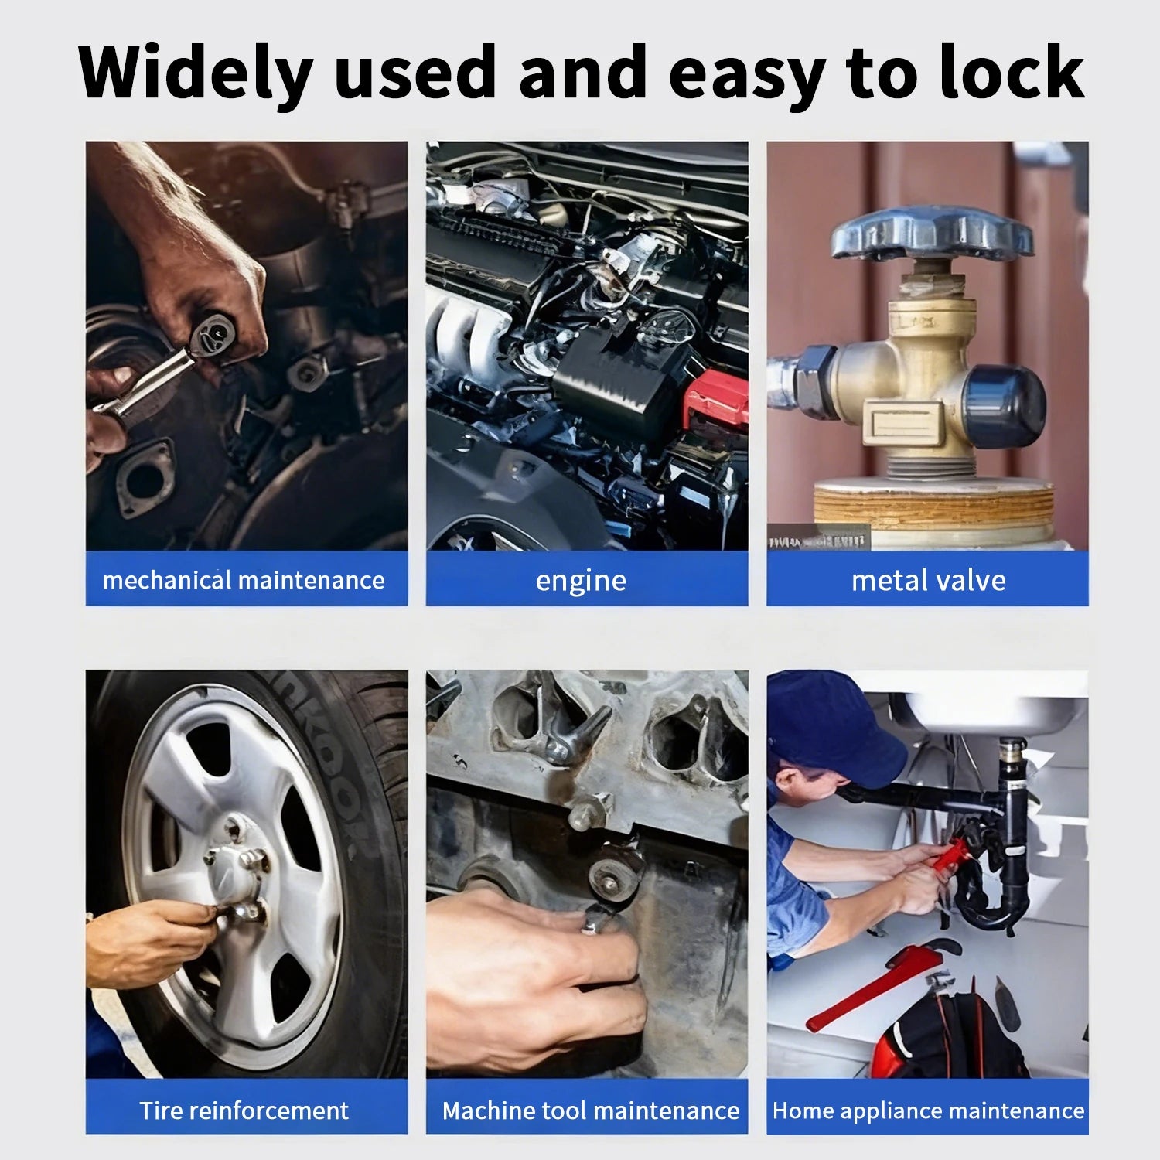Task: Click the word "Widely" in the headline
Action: coord(195,74)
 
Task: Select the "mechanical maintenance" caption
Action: coord(244,580)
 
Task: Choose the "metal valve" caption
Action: coord(928,580)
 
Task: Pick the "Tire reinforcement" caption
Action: coord(244,1111)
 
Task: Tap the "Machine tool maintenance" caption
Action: coord(591,1111)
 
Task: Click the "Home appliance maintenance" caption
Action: coord(928,1111)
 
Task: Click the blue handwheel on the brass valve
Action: coord(933,232)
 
